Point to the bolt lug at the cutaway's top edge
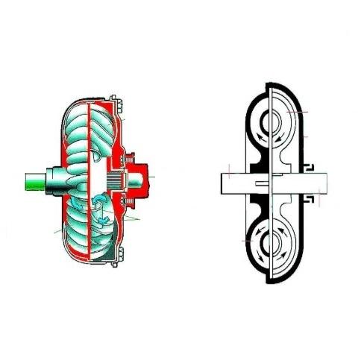click(x=113, y=98)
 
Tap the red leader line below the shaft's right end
click(x=320, y=198)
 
